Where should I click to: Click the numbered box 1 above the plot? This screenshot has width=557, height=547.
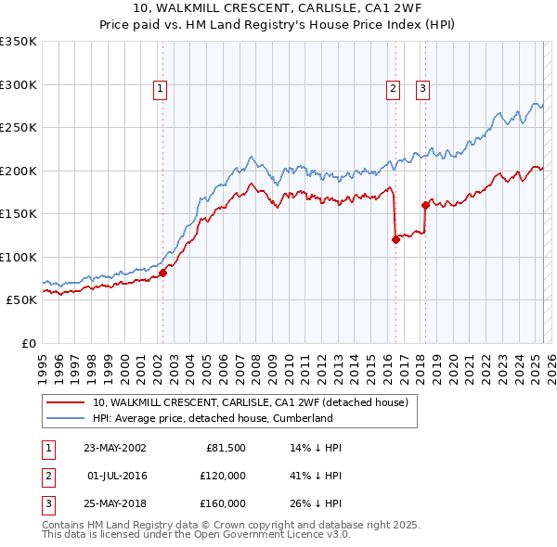tap(161, 89)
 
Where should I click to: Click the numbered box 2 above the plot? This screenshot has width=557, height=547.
tap(393, 89)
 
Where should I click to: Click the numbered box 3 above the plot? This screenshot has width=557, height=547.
tap(422, 89)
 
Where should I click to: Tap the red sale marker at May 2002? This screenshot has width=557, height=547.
tap(162, 273)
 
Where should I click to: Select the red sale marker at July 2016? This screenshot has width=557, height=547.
tap(395, 239)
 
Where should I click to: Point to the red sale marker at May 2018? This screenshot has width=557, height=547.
tap(425, 205)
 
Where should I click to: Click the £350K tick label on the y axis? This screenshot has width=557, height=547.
tap(19, 42)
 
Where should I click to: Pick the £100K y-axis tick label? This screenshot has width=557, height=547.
tap(19, 257)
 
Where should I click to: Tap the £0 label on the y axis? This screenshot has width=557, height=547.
tap(27, 343)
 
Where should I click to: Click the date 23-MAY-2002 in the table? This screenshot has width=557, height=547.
tap(115, 448)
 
